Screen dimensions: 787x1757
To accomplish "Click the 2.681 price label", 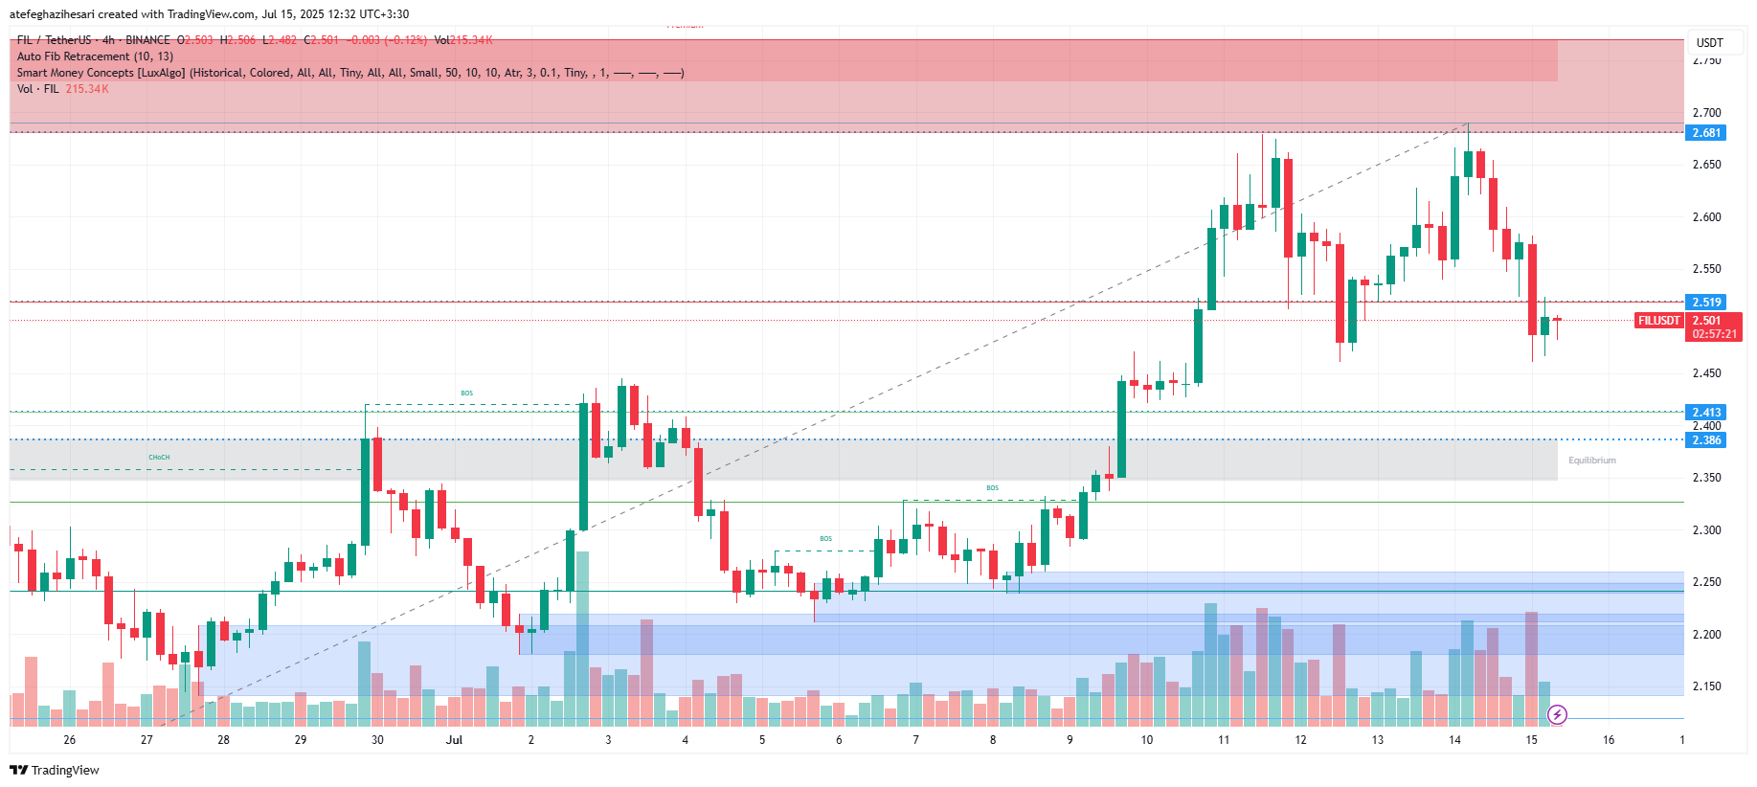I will (x=1705, y=133).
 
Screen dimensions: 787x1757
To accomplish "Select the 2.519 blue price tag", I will (x=1705, y=303).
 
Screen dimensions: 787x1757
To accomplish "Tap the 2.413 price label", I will (x=1705, y=413).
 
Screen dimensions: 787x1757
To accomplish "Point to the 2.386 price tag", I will (x=1705, y=440).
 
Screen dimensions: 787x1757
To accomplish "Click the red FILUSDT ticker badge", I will (x=1658, y=321).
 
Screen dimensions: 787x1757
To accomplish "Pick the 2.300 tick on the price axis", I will (x=1706, y=530).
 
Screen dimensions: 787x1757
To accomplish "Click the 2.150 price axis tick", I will (x=1706, y=686).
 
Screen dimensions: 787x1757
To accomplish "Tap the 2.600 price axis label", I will (x=1706, y=217).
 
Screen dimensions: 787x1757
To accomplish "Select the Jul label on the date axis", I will (x=454, y=740).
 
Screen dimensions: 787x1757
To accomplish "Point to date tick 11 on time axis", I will (x=1224, y=740).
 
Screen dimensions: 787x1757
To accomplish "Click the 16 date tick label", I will (x=1609, y=740).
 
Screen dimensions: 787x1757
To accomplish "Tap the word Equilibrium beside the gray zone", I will (x=1591, y=461).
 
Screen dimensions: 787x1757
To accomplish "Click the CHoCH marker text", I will (x=159, y=458).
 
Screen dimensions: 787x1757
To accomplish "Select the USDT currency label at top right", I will (x=1709, y=43).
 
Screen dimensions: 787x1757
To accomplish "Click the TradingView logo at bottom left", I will (x=55, y=770).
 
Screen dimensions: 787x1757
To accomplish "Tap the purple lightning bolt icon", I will (x=1558, y=714).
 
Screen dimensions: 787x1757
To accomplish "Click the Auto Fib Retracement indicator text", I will (x=95, y=56).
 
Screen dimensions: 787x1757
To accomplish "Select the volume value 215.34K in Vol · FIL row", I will (x=87, y=89).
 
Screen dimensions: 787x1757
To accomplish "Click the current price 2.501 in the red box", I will (x=1706, y=321).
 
